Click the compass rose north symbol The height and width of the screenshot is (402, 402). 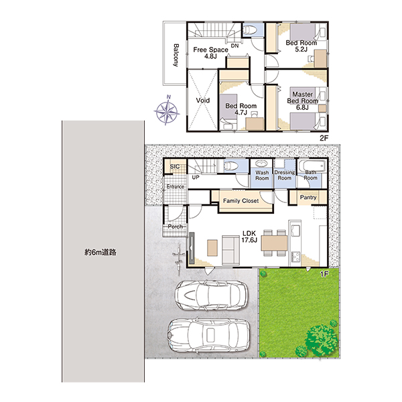click(x=167, y=111)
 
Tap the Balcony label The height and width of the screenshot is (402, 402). click(x=176, y=56)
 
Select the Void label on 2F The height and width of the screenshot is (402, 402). click(x=203, y=100)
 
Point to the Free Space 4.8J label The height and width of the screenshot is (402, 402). click(x=210, y=53)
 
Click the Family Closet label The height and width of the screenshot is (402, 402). click(x=241, y=201)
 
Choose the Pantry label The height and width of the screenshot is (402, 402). click(x=308, y=197)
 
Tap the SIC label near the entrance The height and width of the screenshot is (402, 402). click(x=175, y=166)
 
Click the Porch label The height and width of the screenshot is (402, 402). click(x=176, y=226)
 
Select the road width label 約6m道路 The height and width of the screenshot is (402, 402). click(x=100, y=253)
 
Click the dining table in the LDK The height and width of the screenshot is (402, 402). click(x=274, y=243)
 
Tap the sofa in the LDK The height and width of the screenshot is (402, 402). click(x=231, y=250)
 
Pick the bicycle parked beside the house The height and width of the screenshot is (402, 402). click(x=178, y=259)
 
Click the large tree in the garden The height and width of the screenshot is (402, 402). click(x=321, y=340)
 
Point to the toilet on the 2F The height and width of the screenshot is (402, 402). click(x=249, y=30)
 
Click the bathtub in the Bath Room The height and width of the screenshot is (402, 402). click(x=312, y=166)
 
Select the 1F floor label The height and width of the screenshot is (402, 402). click(x=324, y=274)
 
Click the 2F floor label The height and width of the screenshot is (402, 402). click(x=324, y=138)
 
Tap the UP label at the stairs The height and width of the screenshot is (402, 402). click(x=196, y=177)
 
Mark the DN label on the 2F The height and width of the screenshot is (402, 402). click(x=235, y=46)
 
